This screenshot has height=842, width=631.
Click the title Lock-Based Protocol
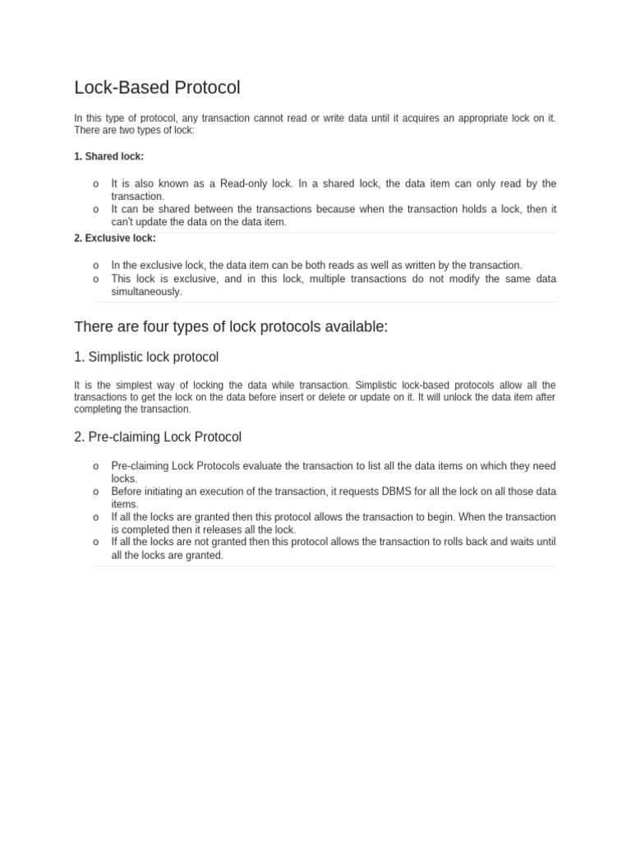pyautogui.click(x=157, y=87)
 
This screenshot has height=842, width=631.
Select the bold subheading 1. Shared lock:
pyautogui.click(x=108, y=156)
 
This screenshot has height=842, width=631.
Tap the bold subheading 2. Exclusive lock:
pyautogui.click(x=114, y=238)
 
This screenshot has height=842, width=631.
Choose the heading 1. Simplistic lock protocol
pyautogui.click(x=146, y=358)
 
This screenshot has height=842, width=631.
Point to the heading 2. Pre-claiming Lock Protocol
pyautogui.click(x=158, y=437)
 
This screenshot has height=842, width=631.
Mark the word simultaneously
pyautogui.click(x=147, y=292)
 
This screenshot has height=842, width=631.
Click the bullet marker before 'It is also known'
pyautogui.click(x=96, y=184)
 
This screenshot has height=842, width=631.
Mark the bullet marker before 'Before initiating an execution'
pyautogui.click(x=96, y=492)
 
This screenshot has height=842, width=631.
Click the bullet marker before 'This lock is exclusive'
pyautogui.click(x=96, y=279)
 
